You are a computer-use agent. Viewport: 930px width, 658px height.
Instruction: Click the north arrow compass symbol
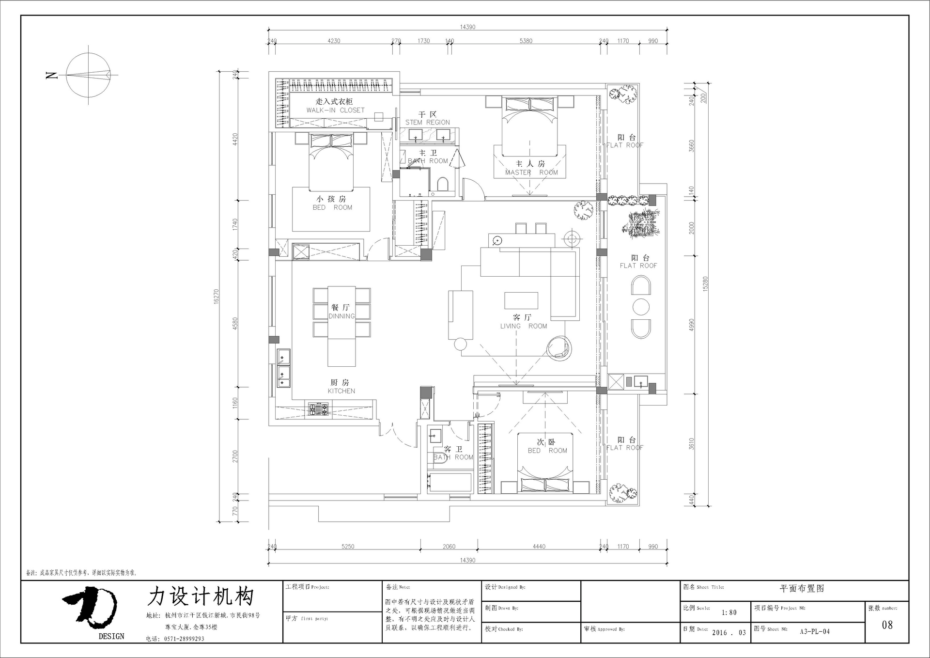[89, 75]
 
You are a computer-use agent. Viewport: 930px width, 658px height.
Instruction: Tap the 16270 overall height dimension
[216, 297]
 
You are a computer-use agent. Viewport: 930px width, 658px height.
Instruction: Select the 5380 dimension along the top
[526, 41]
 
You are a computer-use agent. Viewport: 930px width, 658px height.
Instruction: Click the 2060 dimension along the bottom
[449, 547]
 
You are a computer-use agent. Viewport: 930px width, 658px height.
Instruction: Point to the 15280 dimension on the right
[705, 283]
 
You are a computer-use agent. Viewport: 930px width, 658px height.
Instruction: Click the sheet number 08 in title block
[887, 625]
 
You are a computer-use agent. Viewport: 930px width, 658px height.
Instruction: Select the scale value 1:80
[729, 612]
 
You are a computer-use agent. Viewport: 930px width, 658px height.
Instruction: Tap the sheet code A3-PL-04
[815, 631]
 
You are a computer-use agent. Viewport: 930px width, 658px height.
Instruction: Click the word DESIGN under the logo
[111, 636]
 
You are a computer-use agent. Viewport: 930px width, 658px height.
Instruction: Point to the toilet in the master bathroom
[443, 184]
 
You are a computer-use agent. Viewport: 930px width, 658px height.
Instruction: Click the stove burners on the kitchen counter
[318, 409]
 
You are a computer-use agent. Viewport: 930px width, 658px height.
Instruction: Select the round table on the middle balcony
[641, 307]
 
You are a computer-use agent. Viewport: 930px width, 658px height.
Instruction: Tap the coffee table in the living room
[521, 300]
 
